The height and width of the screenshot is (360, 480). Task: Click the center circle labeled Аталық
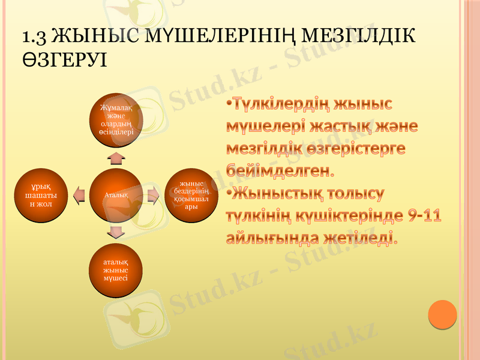(116, 194)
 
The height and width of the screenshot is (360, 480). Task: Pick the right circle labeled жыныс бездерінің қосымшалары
(191, 194)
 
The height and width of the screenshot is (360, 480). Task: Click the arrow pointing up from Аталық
(116, 158)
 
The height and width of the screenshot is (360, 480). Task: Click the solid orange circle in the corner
(443, 314)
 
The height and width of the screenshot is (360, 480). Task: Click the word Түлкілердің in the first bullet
(281, 106)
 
